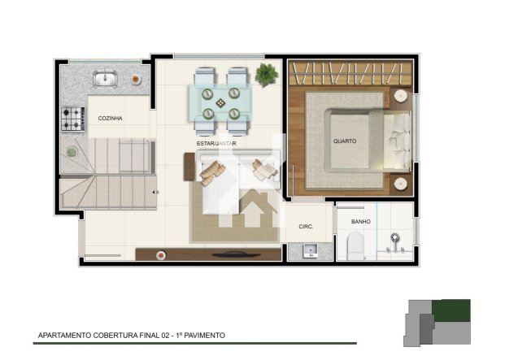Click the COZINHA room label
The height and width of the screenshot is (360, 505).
tap(110, 119)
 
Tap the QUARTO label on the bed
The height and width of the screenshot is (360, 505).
tap(345, 141)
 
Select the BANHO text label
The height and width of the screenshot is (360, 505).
tap(361, 222)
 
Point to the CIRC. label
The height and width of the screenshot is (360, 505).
tap(306, 227)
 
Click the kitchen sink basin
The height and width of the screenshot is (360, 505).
tap(105, 79)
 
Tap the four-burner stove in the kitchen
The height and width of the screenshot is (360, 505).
tap(73, 119)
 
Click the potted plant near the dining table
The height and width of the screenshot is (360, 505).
tap(267, 75)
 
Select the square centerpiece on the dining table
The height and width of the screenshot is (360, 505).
tap(220, 103)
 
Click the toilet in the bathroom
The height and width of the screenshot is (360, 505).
tap(355, 245)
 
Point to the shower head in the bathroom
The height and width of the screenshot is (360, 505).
tap(395, 238)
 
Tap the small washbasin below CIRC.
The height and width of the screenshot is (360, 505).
tap(311, 250)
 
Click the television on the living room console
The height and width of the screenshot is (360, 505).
tap(237, 254)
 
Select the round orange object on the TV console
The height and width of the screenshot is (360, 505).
tap(161, 255)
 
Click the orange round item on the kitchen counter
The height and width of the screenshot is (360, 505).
tap(136, 79)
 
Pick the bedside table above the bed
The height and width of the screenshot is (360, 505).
tap(401, 96)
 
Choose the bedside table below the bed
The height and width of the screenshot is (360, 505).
tap(401, 184)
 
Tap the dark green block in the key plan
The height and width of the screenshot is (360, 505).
tap(451, 310)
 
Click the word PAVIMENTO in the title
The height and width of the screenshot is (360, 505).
tap(204, 336)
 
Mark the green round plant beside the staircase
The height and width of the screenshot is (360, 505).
tap(72, 151)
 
